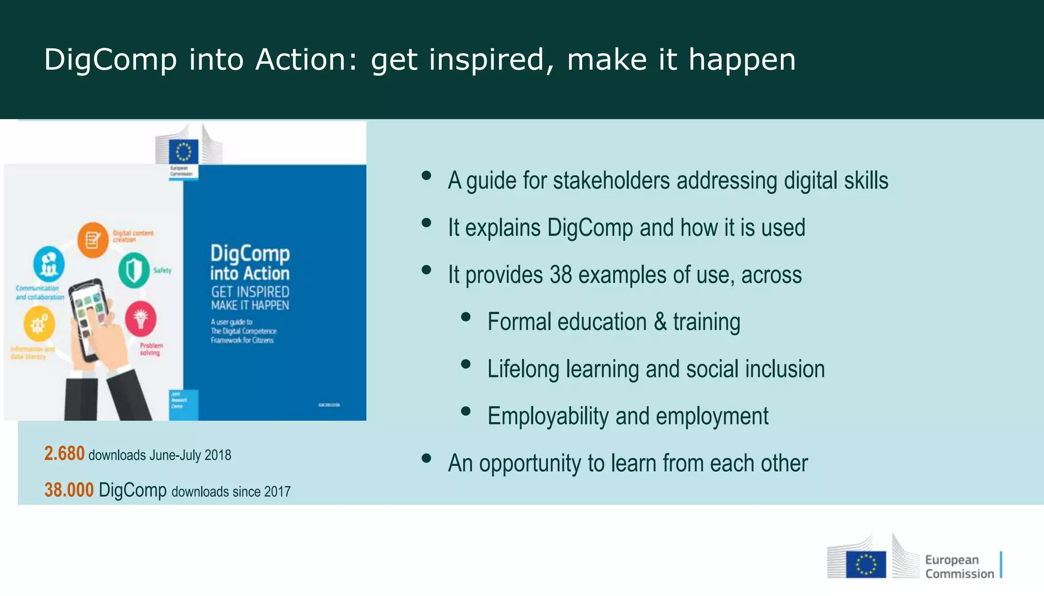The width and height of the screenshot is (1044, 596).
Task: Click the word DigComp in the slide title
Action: point(110,60)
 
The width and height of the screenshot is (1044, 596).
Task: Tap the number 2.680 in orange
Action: point(64,453)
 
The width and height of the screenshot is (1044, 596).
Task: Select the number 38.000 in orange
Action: point(69,490)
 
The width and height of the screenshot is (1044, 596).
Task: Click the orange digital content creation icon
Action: point(93,240)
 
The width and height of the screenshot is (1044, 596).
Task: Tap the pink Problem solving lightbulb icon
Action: point(141,319)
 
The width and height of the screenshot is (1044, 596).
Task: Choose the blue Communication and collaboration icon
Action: point(49,264)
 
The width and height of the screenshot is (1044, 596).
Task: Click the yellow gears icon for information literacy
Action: point(39,324)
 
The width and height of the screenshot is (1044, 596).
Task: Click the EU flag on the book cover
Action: point(183,152)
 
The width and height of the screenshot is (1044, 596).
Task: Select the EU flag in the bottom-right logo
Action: point(866,564)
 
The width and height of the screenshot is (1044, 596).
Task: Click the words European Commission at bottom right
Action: point(959,566)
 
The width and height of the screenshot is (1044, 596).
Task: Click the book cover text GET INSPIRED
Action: point(250,292)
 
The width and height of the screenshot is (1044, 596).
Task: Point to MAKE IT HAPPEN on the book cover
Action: point(250,305)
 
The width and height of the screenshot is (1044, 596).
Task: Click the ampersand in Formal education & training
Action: point(660,322)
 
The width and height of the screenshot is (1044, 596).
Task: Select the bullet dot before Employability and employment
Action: point(465,412)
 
